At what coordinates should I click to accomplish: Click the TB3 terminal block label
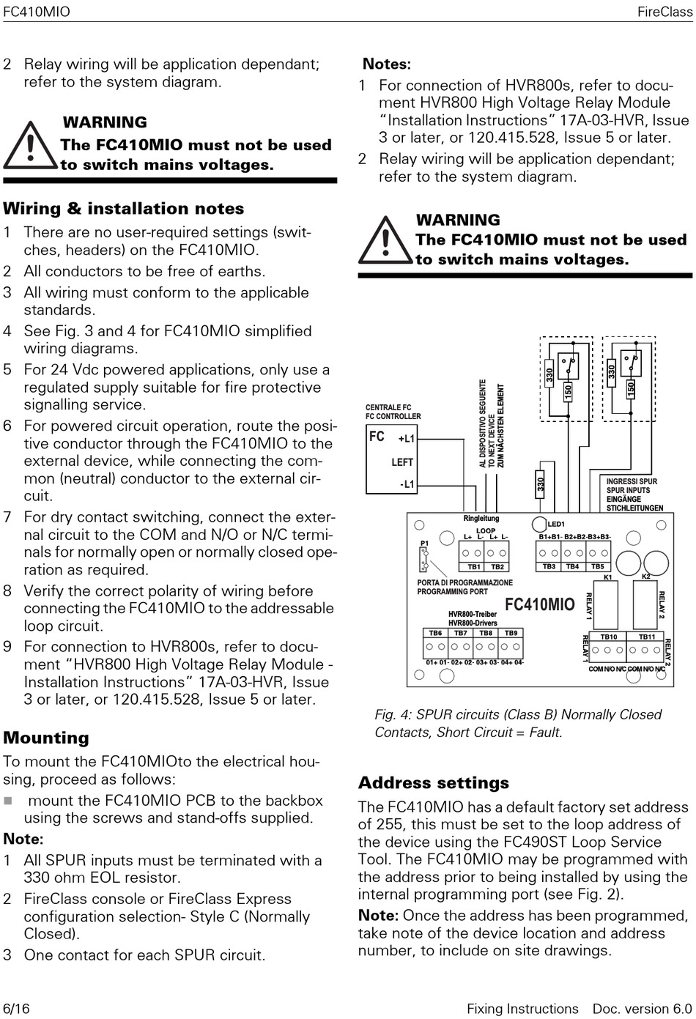tap(549, 566)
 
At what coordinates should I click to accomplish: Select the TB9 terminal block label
tap(511, 633)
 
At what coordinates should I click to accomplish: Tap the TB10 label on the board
tap(609, 637)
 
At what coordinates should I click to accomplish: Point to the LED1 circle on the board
tap(538, 524)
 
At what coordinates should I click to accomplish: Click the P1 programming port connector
tap(424, 560)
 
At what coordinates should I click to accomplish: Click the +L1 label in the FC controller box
tap(407, 439)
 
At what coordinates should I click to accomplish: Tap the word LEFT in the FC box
tap(402, 462)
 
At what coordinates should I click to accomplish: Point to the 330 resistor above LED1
tap(541, 484)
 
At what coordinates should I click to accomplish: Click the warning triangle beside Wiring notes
tap(29, 144)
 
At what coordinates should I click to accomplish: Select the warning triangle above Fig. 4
tap(385, 240)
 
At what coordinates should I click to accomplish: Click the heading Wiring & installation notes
tap(123, 209)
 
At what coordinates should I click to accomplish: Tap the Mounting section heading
tap(46, 738)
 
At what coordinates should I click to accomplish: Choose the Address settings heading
tap(433, 782)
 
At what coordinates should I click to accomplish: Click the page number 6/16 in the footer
tap(16, 1009)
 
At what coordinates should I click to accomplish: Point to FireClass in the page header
tap(664, 12)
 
